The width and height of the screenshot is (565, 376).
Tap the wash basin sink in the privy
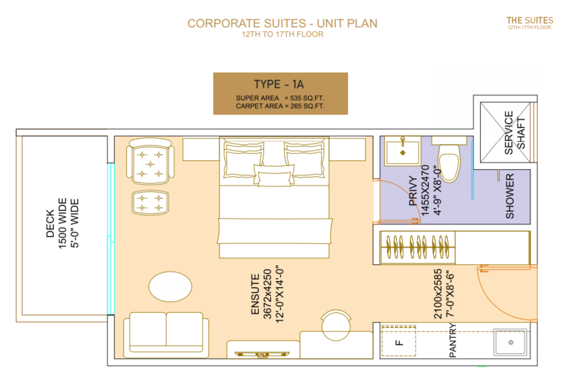402,151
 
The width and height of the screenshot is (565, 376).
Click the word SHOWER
509,196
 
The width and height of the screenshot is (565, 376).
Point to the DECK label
50,224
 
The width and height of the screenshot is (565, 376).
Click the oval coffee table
170,286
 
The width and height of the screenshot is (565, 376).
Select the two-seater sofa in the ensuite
166,335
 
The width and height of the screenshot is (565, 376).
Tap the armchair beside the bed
150,161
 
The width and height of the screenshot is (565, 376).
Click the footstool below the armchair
150,202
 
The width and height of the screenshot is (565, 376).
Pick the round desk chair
336,325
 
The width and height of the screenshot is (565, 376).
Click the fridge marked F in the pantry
398,340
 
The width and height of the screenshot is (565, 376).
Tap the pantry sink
510,342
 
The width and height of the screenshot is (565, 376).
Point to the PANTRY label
452,340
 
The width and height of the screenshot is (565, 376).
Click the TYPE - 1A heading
279,84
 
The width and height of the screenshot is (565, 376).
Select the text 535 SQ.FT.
307,98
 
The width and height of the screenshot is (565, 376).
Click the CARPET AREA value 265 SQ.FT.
308,106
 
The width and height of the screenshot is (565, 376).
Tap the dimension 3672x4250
267,294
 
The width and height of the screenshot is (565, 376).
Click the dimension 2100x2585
438,294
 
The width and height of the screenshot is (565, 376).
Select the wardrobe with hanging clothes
418,247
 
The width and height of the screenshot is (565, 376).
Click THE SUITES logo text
530,21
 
